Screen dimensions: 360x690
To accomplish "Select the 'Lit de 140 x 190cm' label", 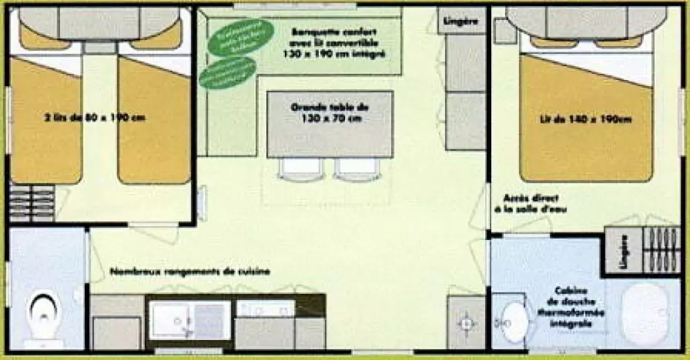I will tap(585, 119).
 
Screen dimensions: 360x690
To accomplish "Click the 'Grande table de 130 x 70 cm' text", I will tap(330, 112).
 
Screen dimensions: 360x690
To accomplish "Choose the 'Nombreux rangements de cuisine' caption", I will tap(190, 272).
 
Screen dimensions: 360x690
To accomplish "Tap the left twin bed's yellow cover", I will tap(45, 128).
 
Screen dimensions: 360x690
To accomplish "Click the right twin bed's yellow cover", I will tap(154, 128).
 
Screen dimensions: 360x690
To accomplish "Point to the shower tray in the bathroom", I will tap(644, 314).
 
